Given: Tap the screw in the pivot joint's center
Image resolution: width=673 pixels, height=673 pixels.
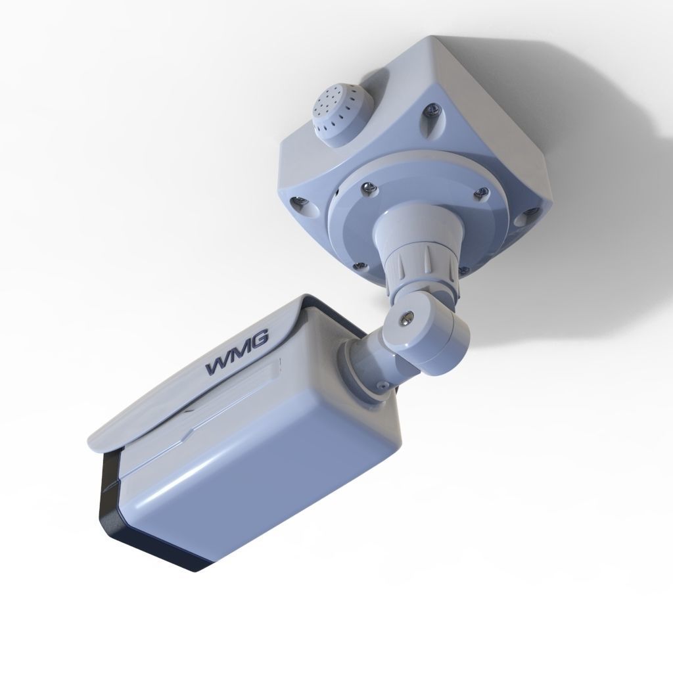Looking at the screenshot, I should (x=406, y=319).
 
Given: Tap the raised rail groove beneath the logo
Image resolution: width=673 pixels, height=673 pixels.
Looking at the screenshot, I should (x=217, y=414).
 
